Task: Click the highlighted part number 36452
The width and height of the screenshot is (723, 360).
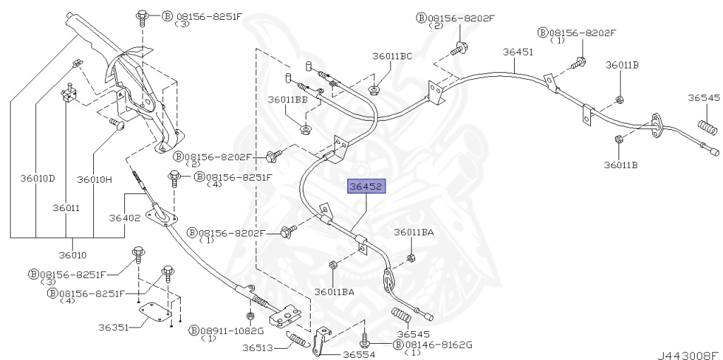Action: click(364, 188)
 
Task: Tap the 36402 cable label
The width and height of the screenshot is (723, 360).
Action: click(124, 218)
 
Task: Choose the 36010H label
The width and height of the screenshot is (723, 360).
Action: click(95, 179)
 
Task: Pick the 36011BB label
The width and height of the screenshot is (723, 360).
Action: click(287, 100)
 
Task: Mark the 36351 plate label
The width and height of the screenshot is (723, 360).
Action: click(114, 328)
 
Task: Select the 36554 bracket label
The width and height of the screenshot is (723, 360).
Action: click(359, 355)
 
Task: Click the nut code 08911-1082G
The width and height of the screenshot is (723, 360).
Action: click(231, 330)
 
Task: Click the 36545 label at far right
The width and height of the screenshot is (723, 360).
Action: click(704, 98)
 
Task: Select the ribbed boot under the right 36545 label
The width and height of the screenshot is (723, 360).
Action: click(707, 128)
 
